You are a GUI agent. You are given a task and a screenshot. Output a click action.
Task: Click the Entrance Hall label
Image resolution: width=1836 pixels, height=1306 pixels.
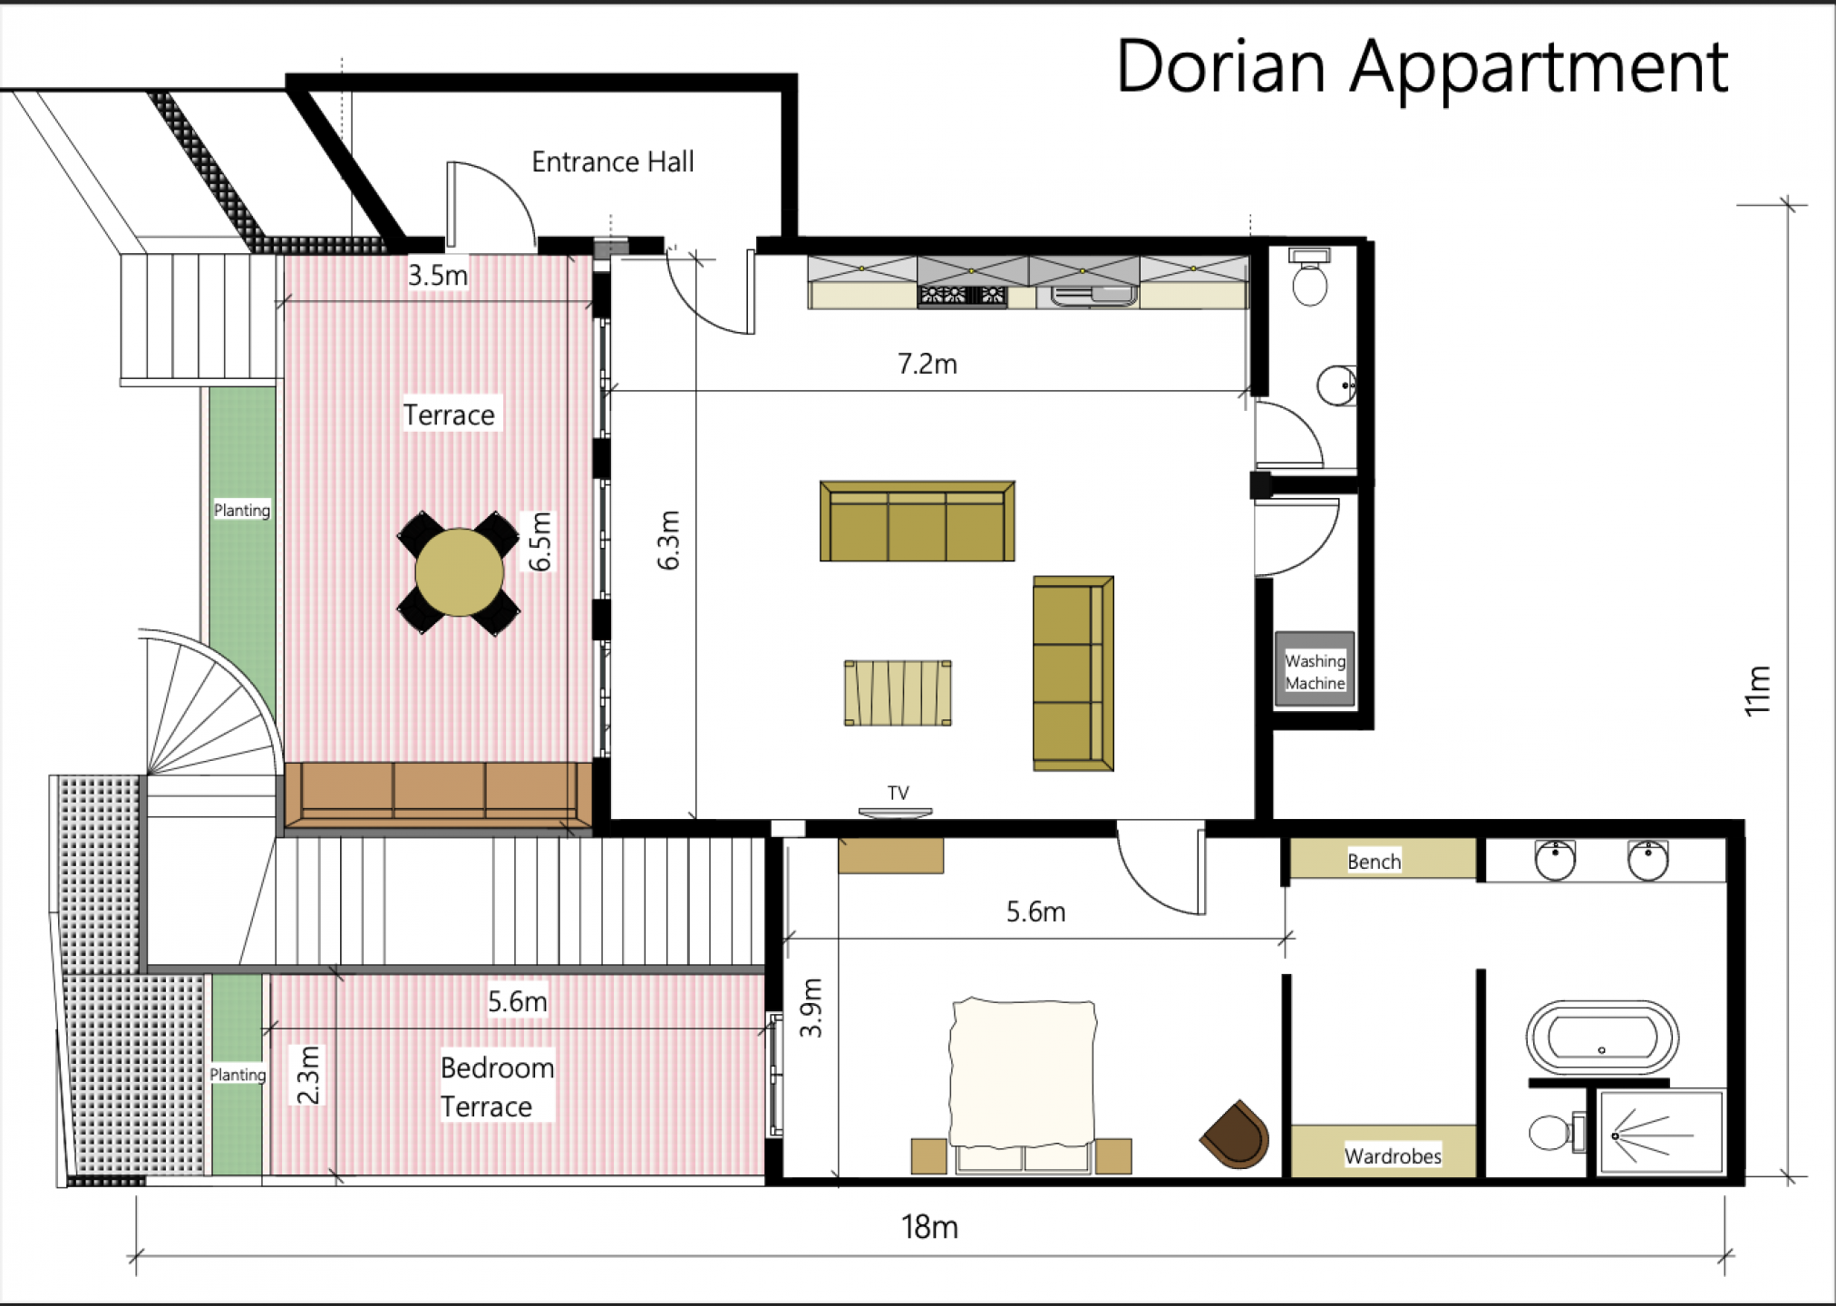(613, 162)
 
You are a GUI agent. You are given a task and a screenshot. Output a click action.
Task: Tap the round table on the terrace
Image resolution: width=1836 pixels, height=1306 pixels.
(459, 573)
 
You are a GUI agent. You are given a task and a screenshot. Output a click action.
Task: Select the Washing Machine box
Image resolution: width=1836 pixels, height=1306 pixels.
(1315, 670)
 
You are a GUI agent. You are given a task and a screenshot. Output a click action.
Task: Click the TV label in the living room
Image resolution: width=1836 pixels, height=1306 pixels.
(898, 793)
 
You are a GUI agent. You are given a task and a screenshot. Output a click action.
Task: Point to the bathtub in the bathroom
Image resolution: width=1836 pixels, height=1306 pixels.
(1602, 1038)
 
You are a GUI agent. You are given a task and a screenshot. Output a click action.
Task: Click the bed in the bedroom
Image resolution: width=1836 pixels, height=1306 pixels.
(1023, 1085)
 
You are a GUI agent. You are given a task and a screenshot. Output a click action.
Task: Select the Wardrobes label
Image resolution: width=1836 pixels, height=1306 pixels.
(1393, 1156)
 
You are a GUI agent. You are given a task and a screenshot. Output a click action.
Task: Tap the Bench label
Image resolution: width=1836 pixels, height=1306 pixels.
(1374, 862)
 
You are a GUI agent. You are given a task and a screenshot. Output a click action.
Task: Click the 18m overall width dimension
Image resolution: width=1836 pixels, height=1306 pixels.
(929, 1227)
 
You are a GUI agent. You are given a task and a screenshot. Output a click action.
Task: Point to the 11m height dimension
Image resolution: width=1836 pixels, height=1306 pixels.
(1757, 691)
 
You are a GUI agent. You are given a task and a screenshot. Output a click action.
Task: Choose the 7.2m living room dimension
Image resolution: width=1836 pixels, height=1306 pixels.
(927, 364)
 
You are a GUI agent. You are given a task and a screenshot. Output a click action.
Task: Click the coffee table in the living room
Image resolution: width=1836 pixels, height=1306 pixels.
(898, 693)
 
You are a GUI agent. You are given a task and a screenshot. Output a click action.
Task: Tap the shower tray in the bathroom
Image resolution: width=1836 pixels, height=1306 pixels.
(1661, 1134)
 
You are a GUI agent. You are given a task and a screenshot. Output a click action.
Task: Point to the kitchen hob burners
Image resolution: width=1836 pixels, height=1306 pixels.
(962, 296)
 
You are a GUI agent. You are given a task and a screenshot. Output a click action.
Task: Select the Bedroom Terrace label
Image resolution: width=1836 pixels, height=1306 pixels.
(497, 1087)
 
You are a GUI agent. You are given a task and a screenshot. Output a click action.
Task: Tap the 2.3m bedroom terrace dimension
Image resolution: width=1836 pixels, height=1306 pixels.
(308, 1075)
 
